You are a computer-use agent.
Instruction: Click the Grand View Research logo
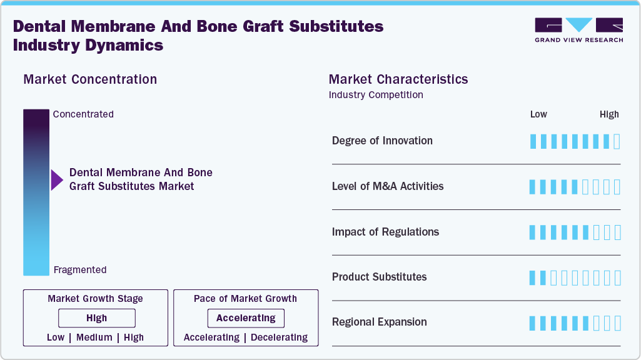[578, 30]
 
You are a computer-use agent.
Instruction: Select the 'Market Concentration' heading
[90, 79]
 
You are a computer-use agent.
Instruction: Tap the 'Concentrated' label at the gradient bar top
[83, 114]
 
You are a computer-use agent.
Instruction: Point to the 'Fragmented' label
[80, 270]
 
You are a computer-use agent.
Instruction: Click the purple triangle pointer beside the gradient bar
[57, 180]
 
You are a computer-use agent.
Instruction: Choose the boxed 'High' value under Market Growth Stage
[97, 318]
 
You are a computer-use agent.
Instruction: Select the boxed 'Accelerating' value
[246, 318]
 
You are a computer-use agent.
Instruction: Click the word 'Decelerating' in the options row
[279, 337]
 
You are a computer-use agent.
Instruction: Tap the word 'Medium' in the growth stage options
[94, 337]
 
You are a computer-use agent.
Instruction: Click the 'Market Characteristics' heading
[398, 79]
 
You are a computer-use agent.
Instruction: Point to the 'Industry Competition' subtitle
[376, 95]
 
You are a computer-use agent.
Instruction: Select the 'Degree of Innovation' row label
[382, 141]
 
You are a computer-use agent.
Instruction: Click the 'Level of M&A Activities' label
[388, 186]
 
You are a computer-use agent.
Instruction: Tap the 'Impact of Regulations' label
[385, 232]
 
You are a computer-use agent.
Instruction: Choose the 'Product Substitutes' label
[379, 277]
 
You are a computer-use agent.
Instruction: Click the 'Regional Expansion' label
[379, 322]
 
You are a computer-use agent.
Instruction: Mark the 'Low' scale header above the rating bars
[538, 114]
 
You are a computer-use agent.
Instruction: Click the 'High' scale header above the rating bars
[609, 114]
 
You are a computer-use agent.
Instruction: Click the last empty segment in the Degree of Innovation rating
[617, 141]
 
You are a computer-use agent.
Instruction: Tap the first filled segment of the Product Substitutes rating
[533, 277]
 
